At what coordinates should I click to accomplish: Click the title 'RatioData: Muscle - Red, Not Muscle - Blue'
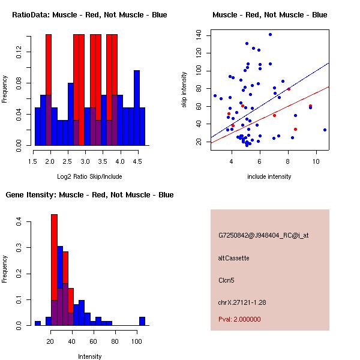tap(90, 15)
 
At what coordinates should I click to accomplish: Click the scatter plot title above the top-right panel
tap(270, 15)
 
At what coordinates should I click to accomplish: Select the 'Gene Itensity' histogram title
tap(90, 195)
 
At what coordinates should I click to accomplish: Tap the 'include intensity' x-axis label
tap(269, 176)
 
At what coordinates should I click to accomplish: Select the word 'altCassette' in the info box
tap(234, 258)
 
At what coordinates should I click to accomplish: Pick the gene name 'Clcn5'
tap(226, 280)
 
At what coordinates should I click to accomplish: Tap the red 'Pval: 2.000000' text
tap(239, 319)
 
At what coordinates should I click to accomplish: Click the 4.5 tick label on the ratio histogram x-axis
tap(137, 161)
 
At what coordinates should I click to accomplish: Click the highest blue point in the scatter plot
tap(271, 35)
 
